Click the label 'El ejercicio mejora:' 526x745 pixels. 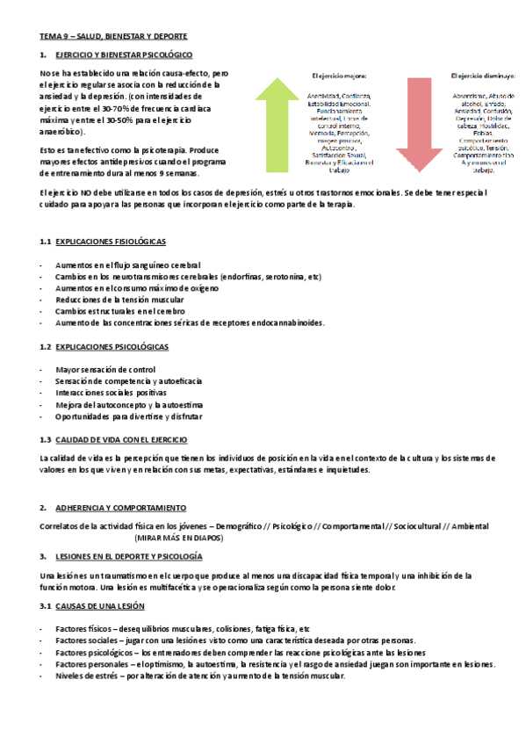340,76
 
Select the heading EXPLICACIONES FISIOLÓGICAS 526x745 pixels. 111,241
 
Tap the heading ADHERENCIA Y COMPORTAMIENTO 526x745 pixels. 120,508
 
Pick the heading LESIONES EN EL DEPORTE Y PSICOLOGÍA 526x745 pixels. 128,557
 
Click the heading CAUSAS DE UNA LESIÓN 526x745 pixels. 100,606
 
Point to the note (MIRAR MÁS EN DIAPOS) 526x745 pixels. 178,537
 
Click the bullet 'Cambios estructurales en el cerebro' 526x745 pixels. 123,311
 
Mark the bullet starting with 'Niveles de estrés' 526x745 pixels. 199,676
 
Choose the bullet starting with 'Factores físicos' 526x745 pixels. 182,630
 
